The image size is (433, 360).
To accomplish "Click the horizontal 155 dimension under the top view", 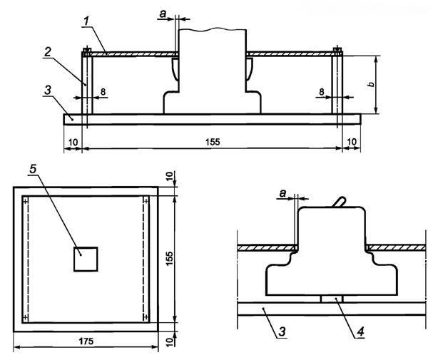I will point(212,143).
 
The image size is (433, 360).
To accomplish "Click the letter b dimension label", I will point(389,83).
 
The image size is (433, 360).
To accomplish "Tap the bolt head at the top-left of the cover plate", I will point(86,51).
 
